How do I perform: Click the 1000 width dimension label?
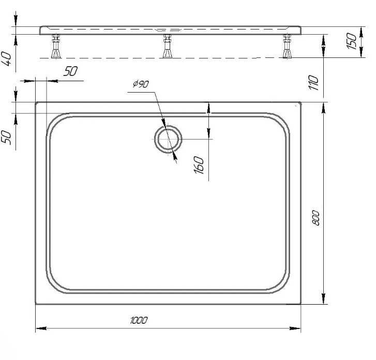tap(139, 320)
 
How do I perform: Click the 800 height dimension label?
tap(316, 218)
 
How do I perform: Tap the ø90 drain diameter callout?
tap(141, 84)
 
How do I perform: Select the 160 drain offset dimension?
tap(199, 165)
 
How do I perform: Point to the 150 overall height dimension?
tap(352, 41)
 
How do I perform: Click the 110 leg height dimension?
tap(313, 83)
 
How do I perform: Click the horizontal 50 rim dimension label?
tap(70, 71)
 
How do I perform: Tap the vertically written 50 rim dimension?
tap(7, 138)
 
